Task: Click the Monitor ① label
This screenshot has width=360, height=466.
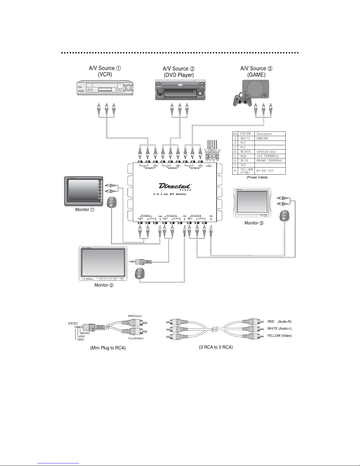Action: pyautogui.click(x=84, y=210)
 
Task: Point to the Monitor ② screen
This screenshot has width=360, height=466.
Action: pyautogui.click(x=103, y=261)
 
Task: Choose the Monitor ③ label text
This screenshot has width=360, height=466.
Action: pyautogui.click(x=254, y=223)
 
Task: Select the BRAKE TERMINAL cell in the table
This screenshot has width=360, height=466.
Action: pyautogui.click(x=269, y=161)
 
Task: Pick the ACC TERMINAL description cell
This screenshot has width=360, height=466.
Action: pyautogui.click(x=268, y=156)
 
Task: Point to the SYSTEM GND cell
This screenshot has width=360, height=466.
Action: pyautogui.click(x=266, y=152)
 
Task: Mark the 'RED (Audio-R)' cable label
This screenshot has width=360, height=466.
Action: pyautogui.click(x=279, y=322)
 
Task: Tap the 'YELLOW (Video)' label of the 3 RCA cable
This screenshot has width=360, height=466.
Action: pyautogui.click(x=279, y=335)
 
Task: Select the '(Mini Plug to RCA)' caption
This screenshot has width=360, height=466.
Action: pyautogui.click(x=108, y=348)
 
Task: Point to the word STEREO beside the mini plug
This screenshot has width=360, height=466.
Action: pyautogui.click(x=73, y=324)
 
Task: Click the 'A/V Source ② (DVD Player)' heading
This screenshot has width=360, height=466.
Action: pyautogui.click(x=179, y=72)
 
